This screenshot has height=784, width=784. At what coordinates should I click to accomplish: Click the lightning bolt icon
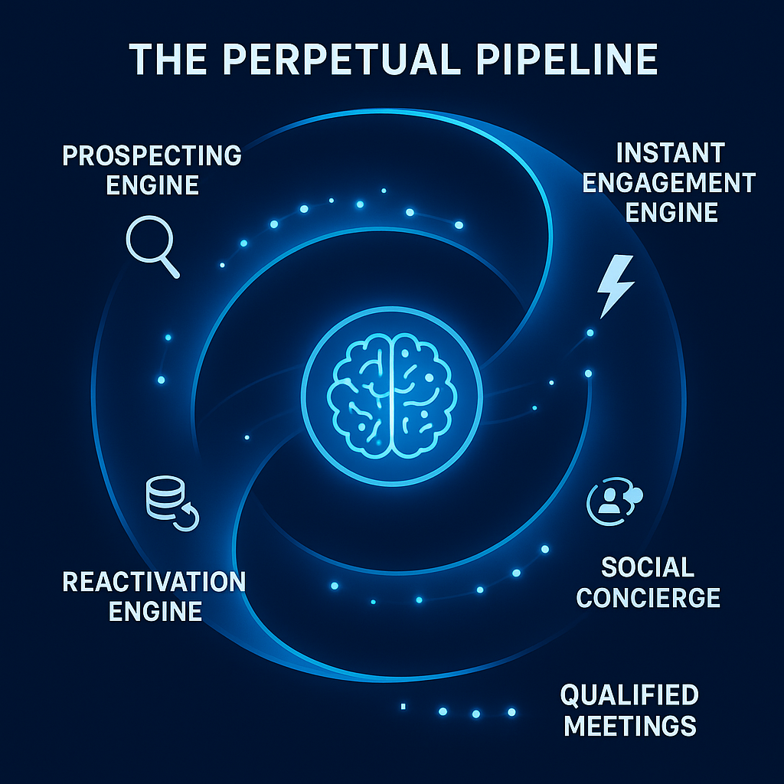tap(616, 286)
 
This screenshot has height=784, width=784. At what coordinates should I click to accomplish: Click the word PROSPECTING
tap(152, 156)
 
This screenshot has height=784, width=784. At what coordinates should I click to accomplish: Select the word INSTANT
tap(670, 153)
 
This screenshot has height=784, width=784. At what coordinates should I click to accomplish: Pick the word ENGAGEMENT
tap(670, 183)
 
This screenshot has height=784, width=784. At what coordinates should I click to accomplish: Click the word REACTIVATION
tap(154, 582)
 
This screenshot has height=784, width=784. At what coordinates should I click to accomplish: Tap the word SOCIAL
tap(648, 567)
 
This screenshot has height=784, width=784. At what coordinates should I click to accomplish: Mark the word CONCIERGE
tap(648, 597)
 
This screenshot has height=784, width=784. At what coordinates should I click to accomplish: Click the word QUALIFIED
tap(629, 695)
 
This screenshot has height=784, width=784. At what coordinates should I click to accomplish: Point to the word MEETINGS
tap(629, 725)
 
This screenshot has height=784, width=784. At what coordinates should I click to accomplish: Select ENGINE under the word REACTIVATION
tap(155, 611)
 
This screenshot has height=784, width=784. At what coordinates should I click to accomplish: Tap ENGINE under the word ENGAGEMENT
tap(671, 212)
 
